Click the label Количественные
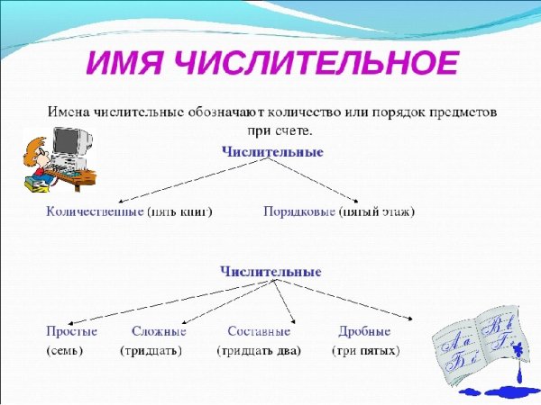pyautogui.click(x=95, y=211)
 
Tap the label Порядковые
pyautogui.click(x=299, y=211)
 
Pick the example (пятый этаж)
pyautogui.click(x=377, y=211)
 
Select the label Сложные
pyautogui.click(x=159, y=331)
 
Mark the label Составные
pyautogui.click(x=259, y=331)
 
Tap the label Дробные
pyautogui.click(x=364, y=331)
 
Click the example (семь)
pyautogui.click(x=64, y=350)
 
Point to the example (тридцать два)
pyautogui.click(x=259, y=350)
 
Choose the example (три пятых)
pyautogui.click(x=365, y=350)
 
